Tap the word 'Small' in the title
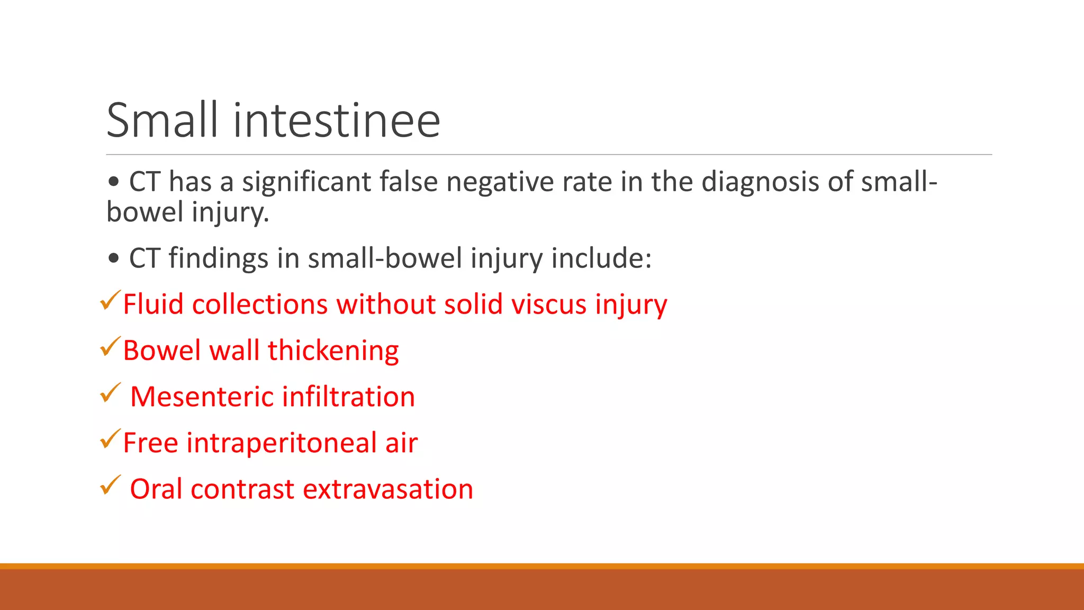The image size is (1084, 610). tap(162, 121)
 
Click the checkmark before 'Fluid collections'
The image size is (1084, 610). tap(110, 301)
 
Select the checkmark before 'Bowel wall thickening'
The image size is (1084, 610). tap(110, 347)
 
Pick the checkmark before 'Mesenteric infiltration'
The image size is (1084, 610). tap(110, 393)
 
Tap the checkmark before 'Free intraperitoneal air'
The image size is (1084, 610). tap(110, 439)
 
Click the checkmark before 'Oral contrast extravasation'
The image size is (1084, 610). tap(110, 485)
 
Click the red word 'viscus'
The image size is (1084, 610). tap(549, 305)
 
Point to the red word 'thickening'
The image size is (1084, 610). tap(333, 351)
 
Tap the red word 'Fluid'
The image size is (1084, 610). tap(153, 305)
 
